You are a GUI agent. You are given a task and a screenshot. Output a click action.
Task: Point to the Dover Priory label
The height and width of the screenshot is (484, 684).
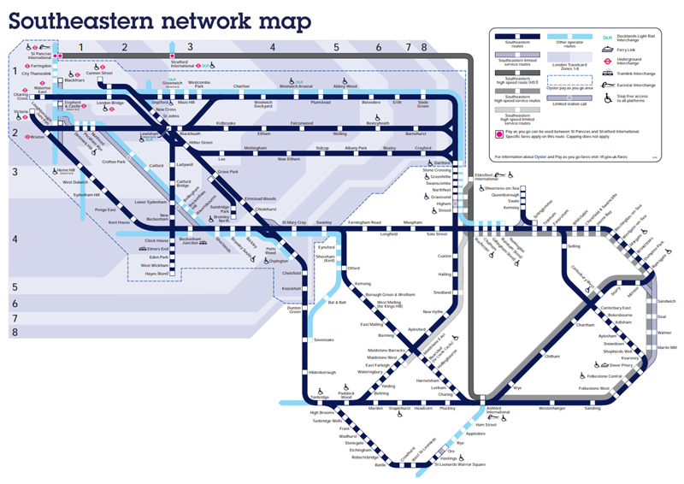pos(620,365)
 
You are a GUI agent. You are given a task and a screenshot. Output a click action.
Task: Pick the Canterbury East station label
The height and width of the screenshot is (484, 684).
pos(615,307)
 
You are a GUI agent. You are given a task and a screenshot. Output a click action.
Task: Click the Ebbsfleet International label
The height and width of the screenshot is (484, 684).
pos(487,177)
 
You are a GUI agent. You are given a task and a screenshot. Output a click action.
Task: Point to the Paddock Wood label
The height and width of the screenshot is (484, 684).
pos(345,395)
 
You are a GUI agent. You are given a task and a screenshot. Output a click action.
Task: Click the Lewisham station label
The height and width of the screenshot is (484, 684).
pos(149,134)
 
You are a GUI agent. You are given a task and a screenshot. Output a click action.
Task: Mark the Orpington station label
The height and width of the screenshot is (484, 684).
pos(278,262)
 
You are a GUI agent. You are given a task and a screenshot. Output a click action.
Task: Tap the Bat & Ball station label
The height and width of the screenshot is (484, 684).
pos(337,302)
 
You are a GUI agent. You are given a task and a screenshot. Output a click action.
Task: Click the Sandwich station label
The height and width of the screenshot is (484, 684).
pos(666,301)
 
